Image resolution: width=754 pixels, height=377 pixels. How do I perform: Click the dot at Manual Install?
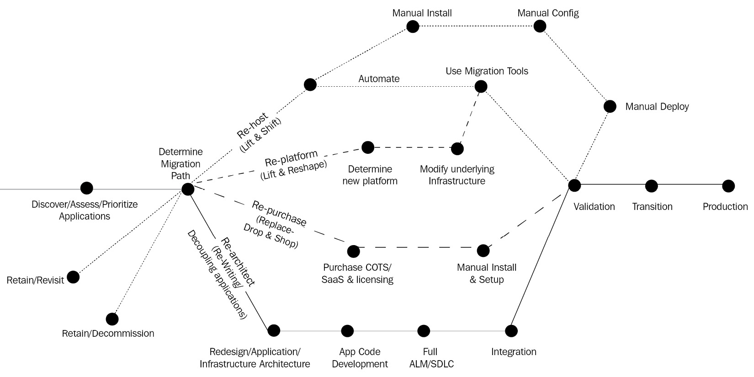[413, 26]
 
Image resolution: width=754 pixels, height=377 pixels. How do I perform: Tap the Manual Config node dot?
[540, 26]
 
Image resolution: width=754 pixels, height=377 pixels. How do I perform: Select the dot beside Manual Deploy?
[610, 106]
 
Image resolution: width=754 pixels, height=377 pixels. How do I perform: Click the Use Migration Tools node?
[481, 86]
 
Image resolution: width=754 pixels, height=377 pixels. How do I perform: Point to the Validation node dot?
[574, 185]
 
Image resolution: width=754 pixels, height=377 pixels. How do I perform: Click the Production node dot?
[728, 186]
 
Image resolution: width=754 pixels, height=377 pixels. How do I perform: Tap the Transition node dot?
[651, 186]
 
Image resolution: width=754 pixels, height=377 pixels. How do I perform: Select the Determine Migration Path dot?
[187, 189]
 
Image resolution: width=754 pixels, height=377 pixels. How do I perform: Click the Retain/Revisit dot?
[73, 277]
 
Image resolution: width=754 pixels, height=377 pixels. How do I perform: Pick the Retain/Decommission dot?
[112, 319]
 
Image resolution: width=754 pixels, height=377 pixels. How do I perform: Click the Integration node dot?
[511, 330]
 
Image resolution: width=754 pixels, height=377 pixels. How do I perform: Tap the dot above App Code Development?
[347, 330]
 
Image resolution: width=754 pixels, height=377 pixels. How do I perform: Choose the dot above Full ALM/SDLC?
[424, 330]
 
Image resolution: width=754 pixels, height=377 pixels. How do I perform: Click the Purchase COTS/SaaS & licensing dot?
[353, 251]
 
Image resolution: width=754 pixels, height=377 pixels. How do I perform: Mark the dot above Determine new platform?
[367, 147]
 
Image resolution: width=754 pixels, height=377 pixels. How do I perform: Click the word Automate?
[379, 79]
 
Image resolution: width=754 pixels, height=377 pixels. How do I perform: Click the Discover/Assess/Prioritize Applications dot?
[86, 188]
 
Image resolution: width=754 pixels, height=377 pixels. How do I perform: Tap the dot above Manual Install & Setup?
[483, 251]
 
